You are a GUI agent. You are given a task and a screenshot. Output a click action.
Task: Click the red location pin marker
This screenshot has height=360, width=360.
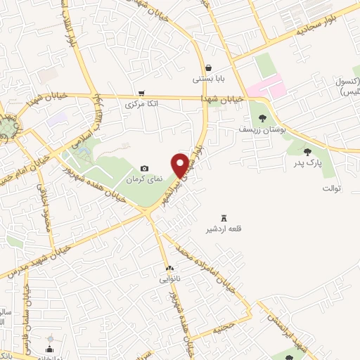(x=181, y=165)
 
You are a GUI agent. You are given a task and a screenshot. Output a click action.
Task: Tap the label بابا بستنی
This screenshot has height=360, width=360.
(x=210, y=79)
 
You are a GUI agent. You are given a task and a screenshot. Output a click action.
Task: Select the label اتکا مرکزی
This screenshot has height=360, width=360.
(x=139, y=104)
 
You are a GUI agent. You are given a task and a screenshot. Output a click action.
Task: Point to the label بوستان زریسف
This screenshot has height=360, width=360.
(x=259, y=130)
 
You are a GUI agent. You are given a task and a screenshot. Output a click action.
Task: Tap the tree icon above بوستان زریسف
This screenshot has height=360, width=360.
(x=262, y=118)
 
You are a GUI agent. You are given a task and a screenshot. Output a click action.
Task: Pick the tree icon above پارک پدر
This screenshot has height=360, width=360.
(x=307, y=150)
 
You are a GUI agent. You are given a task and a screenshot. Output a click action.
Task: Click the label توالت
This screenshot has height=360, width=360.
(x=330, y=188)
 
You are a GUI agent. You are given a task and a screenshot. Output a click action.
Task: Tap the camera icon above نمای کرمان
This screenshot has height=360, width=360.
(x=145, y=168)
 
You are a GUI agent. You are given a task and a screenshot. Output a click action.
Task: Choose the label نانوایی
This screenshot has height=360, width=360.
(x=169, y=279)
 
